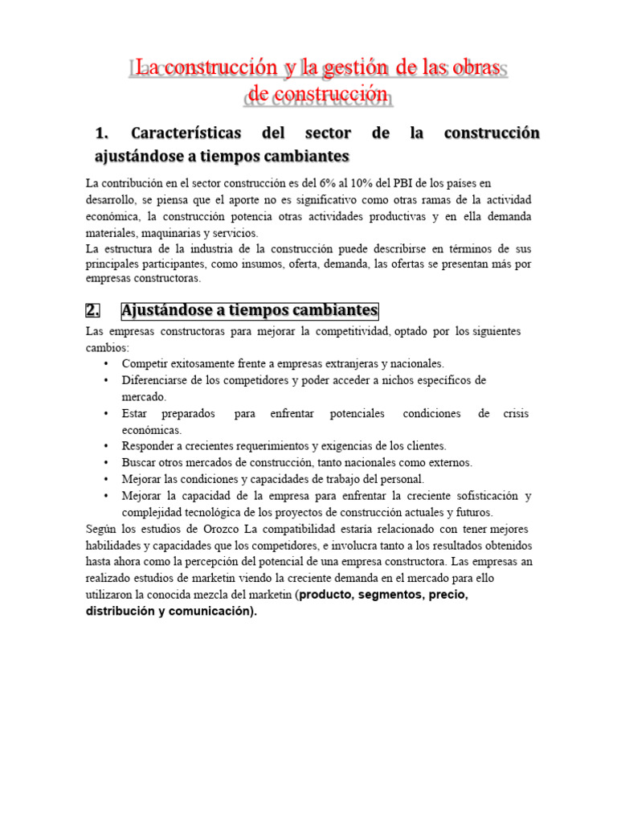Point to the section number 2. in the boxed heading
point(96,310)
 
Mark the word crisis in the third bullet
point(515,413)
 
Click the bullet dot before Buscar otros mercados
point(105,463)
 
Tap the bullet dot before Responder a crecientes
point(105,446)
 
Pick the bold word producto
point(331,596)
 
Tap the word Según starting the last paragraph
point(102,529)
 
